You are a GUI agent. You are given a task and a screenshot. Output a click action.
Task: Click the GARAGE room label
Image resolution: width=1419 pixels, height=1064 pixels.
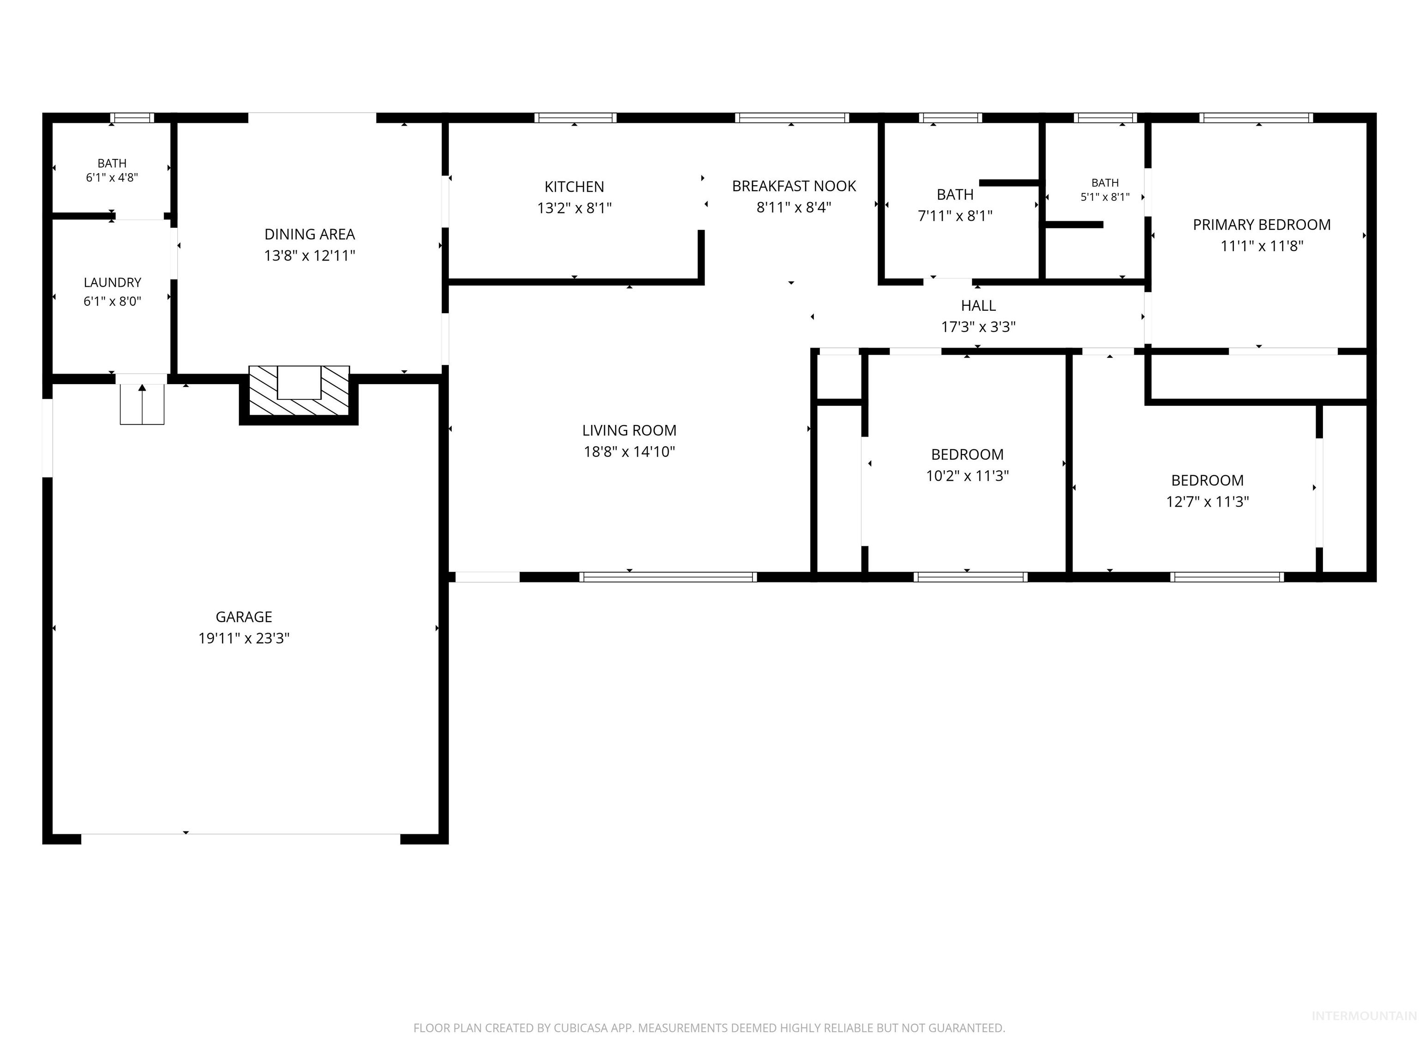[x=244, y=617]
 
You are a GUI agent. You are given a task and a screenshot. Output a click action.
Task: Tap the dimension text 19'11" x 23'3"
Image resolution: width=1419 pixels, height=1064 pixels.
[x=244, y=638]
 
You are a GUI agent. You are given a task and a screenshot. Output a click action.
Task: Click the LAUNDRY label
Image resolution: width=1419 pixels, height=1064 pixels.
[x=112, y=283]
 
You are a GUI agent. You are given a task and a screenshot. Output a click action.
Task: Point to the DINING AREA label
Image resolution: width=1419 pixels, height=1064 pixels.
[x=310, y=235]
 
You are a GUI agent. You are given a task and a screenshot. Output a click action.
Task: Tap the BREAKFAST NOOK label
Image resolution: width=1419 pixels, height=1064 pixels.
[x=794, y=187]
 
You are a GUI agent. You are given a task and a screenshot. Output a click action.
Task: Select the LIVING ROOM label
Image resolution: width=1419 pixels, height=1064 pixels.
[x=629, y=431]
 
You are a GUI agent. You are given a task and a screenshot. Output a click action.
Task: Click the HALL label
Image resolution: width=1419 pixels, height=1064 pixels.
[x=978, y=306]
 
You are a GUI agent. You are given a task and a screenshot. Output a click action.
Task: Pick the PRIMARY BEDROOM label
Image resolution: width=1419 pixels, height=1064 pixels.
[x=1262, y=225]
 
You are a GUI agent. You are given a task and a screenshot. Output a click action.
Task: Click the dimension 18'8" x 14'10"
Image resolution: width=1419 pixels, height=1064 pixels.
[x=629, y=452]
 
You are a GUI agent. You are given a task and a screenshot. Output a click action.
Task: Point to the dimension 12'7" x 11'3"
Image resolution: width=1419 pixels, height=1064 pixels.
[x=1207, y=502]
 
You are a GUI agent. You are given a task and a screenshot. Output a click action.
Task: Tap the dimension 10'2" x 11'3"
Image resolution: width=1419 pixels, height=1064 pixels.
[x=967, y=476]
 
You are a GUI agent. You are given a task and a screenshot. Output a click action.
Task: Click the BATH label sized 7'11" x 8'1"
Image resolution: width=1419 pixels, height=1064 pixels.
[x=955, y=195]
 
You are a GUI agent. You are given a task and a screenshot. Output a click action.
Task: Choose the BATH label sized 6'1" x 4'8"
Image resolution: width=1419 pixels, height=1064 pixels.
[x=112, y=163]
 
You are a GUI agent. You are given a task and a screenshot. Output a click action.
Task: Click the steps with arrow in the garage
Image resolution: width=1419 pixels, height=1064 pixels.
[x=142, y=404]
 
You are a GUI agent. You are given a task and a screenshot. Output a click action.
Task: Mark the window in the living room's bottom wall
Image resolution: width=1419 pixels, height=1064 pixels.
[x=668, y=577]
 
